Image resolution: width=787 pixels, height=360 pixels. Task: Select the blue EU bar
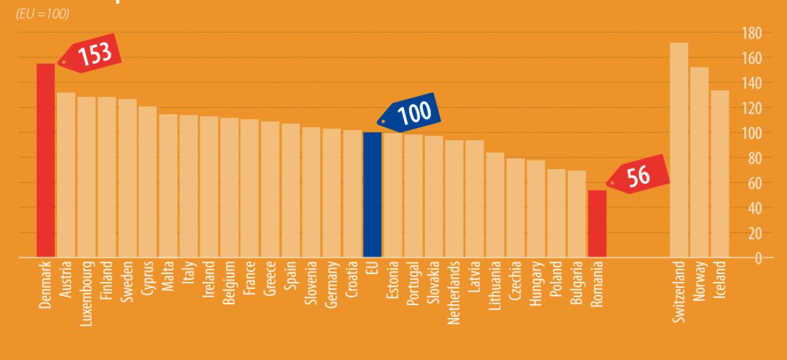(x=373, y=194)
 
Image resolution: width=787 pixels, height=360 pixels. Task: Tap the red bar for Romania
(x=597, y=223)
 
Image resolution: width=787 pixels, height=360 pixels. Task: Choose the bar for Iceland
(x=719, y=173)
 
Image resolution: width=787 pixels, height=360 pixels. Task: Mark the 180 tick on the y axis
(x=751, y=33)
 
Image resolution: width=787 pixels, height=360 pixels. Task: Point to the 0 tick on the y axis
(x=757, y=258)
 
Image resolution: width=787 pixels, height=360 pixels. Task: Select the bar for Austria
(x=66, y=174)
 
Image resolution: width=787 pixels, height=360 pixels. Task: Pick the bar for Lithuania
(x=495, y=205)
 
